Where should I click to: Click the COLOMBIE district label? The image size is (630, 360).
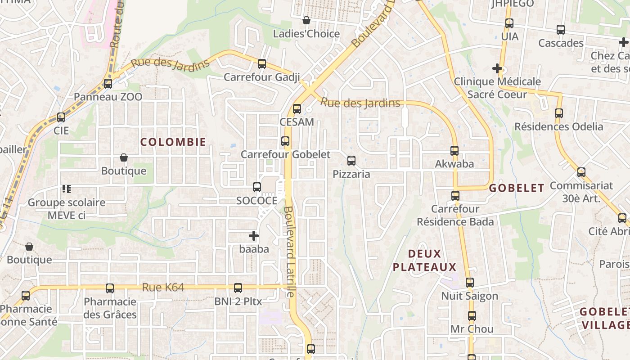coord(173,142)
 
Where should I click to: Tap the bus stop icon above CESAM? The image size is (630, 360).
coord(297,108)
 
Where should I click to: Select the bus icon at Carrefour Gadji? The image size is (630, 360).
coord(261,64)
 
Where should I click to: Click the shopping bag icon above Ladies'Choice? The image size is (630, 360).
coord(306,20)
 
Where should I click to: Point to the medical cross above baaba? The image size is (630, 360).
coord(254,235)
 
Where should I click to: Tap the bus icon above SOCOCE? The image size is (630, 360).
coord(256,187)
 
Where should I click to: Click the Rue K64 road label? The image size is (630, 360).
coord(163,287)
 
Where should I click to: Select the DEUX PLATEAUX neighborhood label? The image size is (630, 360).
coord(424,261)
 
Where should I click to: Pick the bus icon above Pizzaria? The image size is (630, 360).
coord(351,160)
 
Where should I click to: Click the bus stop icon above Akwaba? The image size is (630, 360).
coord(454,150)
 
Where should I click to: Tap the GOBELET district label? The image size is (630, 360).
coord(517,188)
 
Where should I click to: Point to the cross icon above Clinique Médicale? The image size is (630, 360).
coord(497,68)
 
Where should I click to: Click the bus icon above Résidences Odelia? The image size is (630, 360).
coord(559,113)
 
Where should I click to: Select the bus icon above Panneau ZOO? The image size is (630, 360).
coord(108,83)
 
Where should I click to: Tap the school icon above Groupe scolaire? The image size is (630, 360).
coord(67,189)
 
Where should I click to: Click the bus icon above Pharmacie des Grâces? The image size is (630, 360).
coord(109,288)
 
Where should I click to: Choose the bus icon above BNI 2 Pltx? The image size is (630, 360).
coord(238,288)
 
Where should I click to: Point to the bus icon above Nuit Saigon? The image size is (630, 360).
coord(469,283)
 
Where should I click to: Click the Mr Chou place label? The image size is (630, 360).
coord(472,329)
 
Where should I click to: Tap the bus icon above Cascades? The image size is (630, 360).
coord(560,30)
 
